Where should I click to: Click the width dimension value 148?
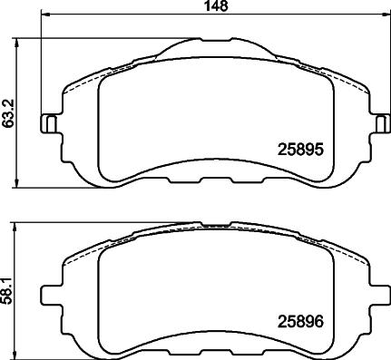214,6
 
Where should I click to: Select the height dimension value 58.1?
9,290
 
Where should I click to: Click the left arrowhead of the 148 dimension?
47,15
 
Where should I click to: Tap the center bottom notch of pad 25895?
214,164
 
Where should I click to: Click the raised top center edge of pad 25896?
214,224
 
